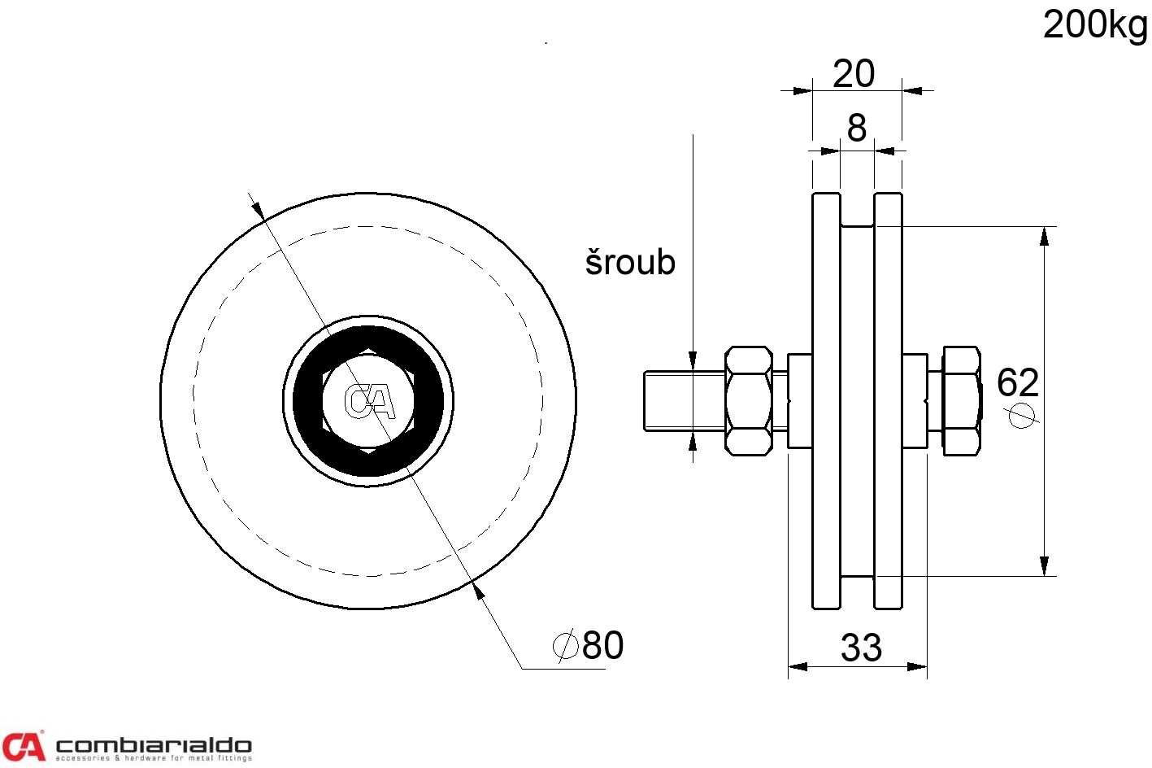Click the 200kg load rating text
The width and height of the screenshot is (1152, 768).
(1095, 26)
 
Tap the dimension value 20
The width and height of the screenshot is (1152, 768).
(853, 73)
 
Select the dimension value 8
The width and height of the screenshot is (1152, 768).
(856, 128)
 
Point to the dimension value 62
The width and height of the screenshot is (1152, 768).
(1018, 382)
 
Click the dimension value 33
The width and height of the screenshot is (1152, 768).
(862, 648)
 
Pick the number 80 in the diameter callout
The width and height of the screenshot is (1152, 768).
(603, 644)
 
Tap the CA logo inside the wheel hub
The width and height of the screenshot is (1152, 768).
(370, 401)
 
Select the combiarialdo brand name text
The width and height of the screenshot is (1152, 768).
(154, 745)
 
